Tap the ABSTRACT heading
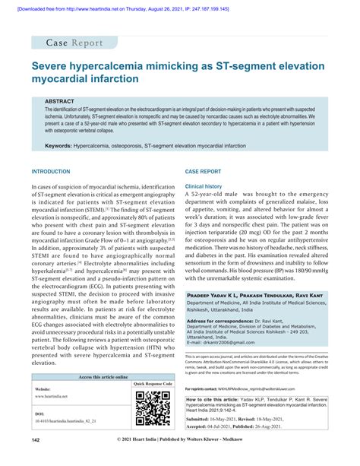[x=60, y=100]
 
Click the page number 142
[x=36, y=460]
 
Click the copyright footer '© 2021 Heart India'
[x=179, y=460]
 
